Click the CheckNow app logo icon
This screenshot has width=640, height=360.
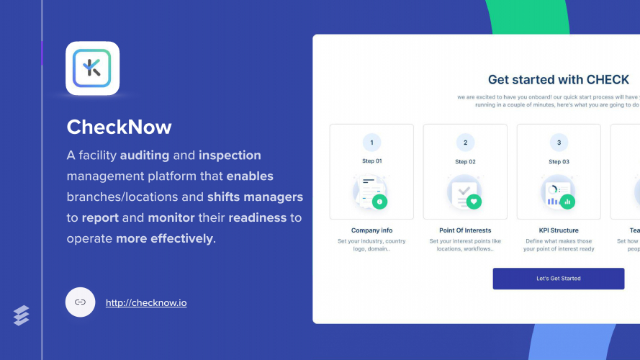[x=92, y=68]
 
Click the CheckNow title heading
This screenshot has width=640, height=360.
[x=120, y=127]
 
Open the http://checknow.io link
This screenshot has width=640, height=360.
[x=146, y=303]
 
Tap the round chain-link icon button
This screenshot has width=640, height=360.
[x=80, y=302]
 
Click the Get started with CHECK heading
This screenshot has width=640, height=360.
[x=558, y=80]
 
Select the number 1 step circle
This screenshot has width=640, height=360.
[x=371, y=143]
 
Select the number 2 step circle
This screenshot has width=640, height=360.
[x=465, y=143]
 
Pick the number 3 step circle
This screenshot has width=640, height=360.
[x=559, y=143]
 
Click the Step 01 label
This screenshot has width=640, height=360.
[x=371, y=161]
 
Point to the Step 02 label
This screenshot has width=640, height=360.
[x=465, y=161]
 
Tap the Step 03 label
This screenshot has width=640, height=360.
[x=559, y=161]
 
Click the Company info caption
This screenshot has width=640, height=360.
[x=371, y=230]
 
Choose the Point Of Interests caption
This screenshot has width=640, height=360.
[x=465, y=230]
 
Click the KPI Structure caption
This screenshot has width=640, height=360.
[x=559, y=230]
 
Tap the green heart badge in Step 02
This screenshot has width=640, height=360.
[x=474, y=202]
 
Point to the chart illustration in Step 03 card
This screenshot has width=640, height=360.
[x=556, y=193]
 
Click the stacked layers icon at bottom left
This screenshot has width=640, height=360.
[x=22, y=315]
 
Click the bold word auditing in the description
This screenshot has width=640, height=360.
[x=145, y=156]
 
